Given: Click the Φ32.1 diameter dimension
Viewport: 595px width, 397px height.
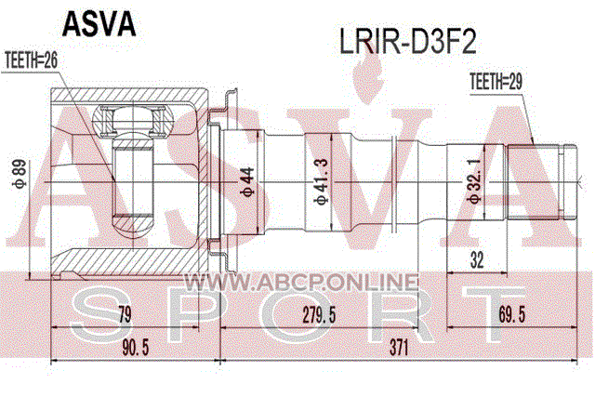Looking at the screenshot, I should pyautogui.click(x=473, y=182).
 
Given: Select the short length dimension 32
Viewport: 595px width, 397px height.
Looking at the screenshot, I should pyautogui.click(x=476, y=262).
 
